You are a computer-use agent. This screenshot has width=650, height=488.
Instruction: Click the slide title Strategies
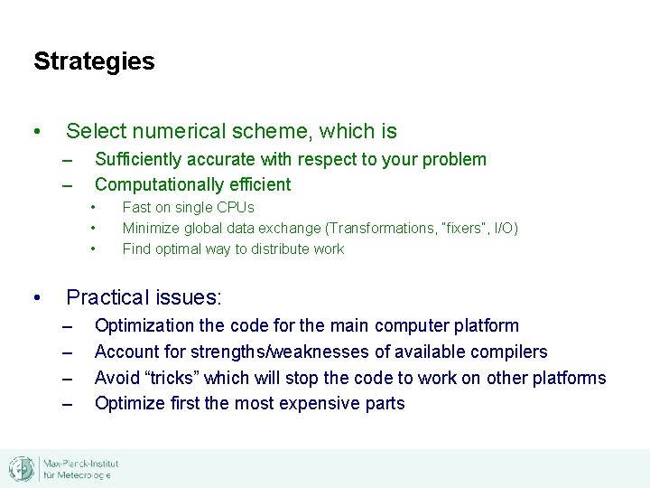tap(94, 61)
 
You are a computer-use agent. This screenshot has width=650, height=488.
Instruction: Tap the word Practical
tap(105, 297)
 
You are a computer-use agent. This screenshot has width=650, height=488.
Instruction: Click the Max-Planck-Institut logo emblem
tap(22, 468)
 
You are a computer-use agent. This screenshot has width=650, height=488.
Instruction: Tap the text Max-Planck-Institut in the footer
tap(81, 464)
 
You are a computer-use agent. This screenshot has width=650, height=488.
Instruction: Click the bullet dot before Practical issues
tap(36, 297)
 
